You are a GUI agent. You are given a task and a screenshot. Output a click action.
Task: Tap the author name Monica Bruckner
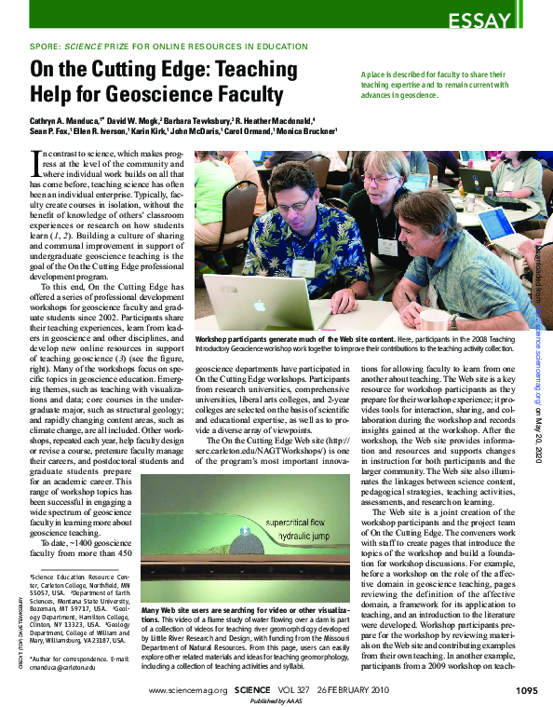pyautogui.click(x=306, y=132)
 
